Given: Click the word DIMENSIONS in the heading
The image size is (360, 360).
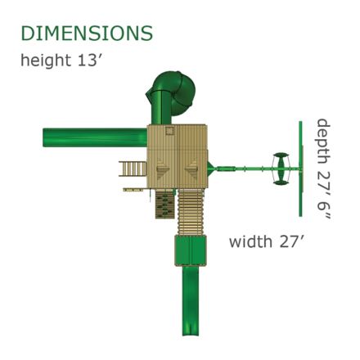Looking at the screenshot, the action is point(87,34).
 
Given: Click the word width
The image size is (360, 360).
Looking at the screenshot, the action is point(250,241).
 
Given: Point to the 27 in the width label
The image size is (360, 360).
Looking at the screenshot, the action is point(290,241).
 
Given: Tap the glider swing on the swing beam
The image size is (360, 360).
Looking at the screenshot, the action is point(281,169).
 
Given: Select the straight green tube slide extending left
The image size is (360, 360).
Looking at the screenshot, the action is point(95,137).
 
